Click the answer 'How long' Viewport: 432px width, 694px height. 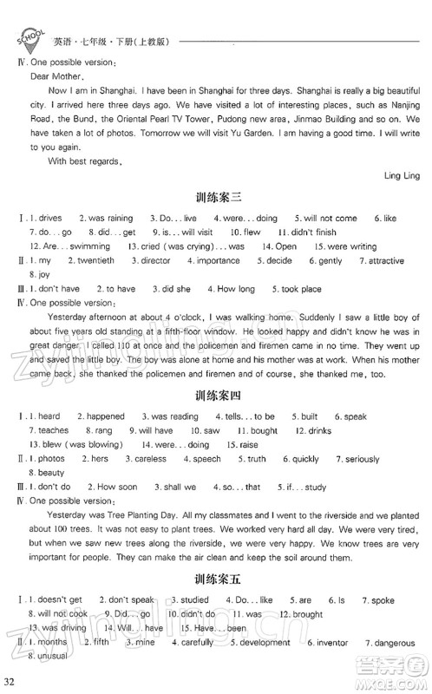(x=236, y=288)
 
